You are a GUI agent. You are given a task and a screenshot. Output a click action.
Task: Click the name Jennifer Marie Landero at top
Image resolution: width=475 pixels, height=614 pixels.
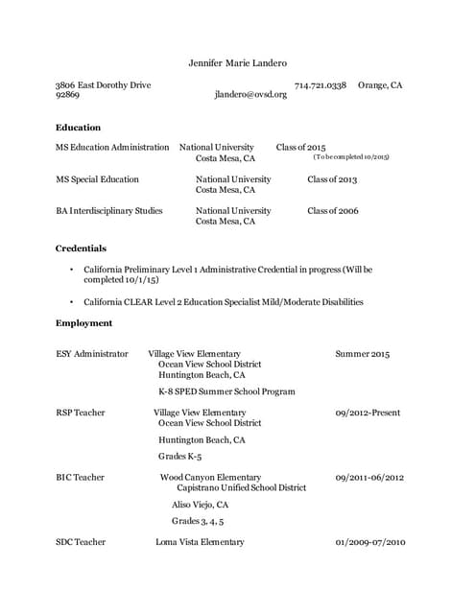[x=238, y=63]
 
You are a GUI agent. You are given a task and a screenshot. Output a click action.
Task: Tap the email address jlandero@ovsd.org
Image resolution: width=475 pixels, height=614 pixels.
[x=250, y=96]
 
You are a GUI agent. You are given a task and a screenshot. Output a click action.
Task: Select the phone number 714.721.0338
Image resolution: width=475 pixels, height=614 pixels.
[x=320, y=85]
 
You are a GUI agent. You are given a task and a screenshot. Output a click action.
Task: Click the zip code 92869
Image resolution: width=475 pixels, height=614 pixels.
[x=67, y=96]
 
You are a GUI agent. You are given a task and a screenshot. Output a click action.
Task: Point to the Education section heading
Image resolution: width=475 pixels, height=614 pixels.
[x=78, y=127]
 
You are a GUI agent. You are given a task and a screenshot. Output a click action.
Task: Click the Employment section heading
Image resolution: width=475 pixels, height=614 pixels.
[x=83, y=323]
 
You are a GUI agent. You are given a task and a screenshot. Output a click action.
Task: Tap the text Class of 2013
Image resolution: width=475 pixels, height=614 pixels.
[x=332, y=179]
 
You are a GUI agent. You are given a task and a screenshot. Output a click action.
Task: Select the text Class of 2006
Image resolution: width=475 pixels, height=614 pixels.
[x=332, y=210]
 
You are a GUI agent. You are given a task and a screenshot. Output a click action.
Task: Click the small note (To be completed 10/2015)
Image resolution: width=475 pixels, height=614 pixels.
[x=351, y=156]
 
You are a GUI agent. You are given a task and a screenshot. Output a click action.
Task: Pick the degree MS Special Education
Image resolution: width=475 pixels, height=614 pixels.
[x=97, y=179]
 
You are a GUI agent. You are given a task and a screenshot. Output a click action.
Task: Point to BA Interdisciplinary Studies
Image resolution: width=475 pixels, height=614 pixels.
[x=109, y=210]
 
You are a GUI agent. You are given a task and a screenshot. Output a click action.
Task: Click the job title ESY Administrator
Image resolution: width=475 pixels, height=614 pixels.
[x=92, y=354]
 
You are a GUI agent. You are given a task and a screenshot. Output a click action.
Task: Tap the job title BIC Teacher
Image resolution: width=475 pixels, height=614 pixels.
[x=81, y=477]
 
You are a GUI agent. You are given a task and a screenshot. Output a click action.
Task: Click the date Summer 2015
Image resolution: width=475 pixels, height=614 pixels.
[x=363, y=354]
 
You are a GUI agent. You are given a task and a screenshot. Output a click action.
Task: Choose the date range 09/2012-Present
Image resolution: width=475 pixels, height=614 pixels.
[x=368, y=413]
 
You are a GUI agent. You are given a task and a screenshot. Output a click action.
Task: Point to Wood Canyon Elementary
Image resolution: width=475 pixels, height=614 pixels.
[x=210, y=477]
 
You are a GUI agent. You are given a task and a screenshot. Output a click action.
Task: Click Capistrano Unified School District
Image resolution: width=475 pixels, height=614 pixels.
[x=242, y=487]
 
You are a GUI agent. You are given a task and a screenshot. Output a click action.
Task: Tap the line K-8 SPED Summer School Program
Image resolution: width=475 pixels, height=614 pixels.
[x=226, y=391]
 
